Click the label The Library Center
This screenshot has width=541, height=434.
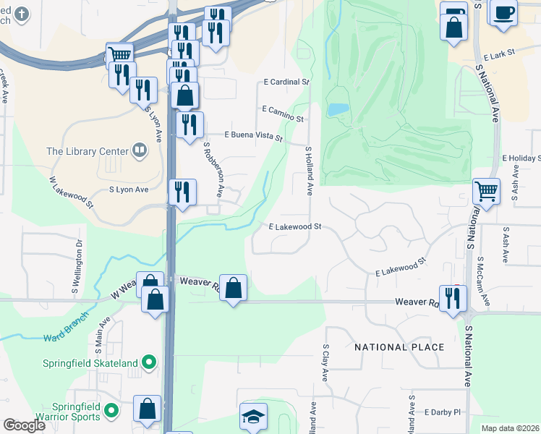point(87,151)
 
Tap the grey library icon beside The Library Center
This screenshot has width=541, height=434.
point(139,151)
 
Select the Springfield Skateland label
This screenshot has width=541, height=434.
point(94,361)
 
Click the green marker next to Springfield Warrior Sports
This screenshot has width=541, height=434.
point(111,412)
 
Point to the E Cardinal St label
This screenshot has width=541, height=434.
point(286,82)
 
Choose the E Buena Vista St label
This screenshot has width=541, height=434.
point(253,135)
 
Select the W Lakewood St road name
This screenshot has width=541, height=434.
point(71,192)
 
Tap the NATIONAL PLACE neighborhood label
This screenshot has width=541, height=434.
point(399,347)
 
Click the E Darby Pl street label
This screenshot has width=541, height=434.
point(443,412)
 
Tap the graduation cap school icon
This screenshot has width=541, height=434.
point(253,417)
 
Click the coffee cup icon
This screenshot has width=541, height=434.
point(503,12)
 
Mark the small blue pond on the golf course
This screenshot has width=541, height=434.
point(338,109)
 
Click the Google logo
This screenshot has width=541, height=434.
point(25,425)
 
